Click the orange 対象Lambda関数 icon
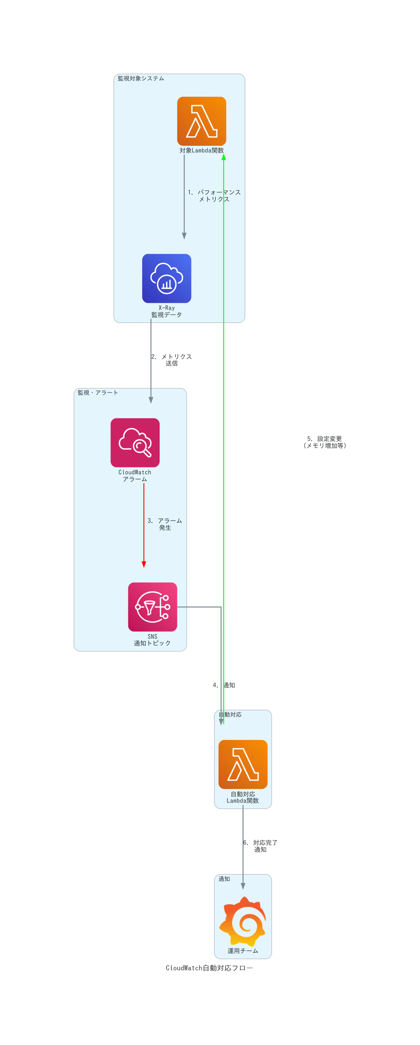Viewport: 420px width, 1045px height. (x=201, y=121)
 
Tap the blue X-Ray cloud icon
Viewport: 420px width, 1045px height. (x=166, y=278)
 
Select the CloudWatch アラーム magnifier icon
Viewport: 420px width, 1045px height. (x=135, y=442)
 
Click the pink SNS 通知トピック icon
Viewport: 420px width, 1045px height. (x=153, y=607)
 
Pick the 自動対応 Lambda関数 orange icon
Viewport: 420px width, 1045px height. (x=243, y=764)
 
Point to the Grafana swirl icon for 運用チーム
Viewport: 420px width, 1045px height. (x=243, y=921)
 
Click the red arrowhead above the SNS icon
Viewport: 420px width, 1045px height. (x=144, y=564)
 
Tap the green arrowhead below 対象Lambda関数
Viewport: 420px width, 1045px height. (x=223, y=157)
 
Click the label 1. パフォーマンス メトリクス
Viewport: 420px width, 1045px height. (x=214, y=195)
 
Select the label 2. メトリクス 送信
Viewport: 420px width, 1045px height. (x=171, y=360)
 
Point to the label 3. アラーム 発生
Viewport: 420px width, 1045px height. (x=165, y=524)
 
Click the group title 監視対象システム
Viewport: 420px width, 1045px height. (x=141, y=78)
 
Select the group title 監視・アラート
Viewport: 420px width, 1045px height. (x=98, y=393)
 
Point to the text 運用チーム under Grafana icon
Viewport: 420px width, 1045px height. (x=243, y=951)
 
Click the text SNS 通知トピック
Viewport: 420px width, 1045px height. (x=153, y=640)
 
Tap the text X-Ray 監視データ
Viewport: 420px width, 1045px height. (x=166, y=311)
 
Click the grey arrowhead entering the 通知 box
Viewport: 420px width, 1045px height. (x=243, y=886)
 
